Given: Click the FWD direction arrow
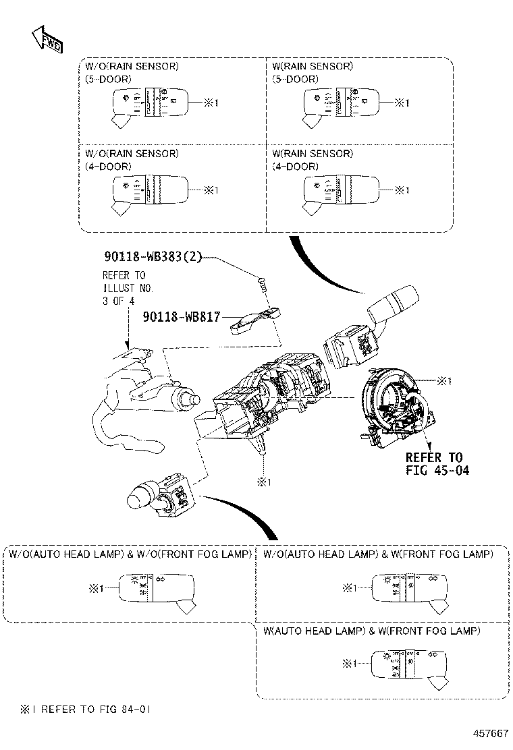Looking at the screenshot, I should [x=46, y=41].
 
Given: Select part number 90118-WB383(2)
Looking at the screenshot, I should [x=153, y=257].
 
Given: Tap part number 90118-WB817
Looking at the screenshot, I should [x=181, y=316].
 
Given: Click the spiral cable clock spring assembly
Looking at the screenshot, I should [x=392, y=407].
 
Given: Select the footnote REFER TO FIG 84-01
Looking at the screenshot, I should [x=81, y=710].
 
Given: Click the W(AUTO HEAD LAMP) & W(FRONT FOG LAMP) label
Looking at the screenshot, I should [x=371, y=631].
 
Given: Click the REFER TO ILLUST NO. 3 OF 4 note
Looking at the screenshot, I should [x=128, y=288].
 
